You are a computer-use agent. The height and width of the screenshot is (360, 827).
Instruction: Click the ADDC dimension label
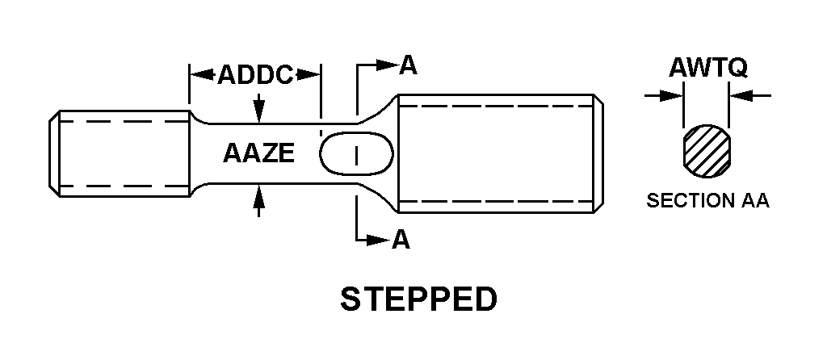pos(255,75)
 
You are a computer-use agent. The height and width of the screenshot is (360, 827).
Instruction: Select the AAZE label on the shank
pos(258,153)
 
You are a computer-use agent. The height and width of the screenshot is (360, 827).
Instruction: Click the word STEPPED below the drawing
pos(418,299)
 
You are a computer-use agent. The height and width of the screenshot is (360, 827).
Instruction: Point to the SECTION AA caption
pos(707,202)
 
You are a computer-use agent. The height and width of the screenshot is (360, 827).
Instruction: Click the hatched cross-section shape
pos(707,152)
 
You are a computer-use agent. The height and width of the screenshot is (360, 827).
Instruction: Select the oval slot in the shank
pos(357,153)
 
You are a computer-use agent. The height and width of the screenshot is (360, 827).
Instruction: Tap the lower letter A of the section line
pos(400,240)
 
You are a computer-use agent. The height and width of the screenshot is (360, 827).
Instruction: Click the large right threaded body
pos(498,153)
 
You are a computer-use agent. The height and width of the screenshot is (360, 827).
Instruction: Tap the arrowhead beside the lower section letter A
pos(378,240)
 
